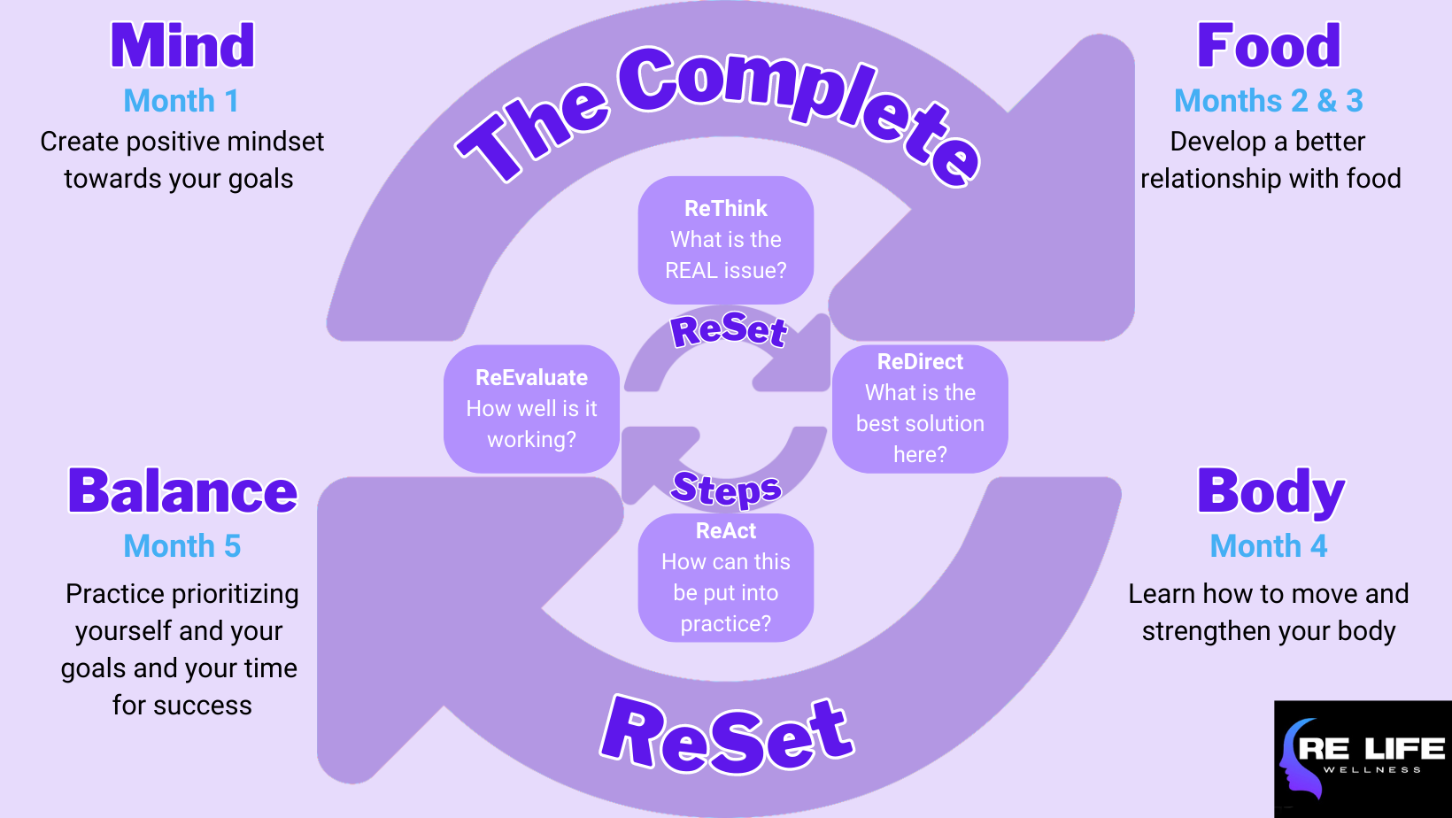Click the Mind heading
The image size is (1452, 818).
tap(182, 46)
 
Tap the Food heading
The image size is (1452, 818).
tap(1268, 46)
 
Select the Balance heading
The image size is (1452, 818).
tap(182, 491)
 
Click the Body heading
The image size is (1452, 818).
tap(1270, 491)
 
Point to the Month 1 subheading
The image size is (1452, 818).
tap(181, 101)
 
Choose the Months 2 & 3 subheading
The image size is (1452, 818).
tap(1268, 101)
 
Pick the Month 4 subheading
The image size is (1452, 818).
tap(1268, 546)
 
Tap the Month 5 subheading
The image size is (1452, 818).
tap(181, 546)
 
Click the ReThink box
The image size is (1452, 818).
tap(726, 240)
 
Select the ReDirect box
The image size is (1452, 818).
tap(920, 408)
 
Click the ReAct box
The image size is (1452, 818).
tap(726, 577)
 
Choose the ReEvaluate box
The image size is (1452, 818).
tap(531, 408)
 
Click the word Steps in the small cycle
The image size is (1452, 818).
tap(726, 489)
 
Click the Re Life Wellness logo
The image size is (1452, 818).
tap(1363, 759)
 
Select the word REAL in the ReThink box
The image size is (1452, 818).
tap(691, 271)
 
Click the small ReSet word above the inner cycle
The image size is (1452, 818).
tap(729, 330)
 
